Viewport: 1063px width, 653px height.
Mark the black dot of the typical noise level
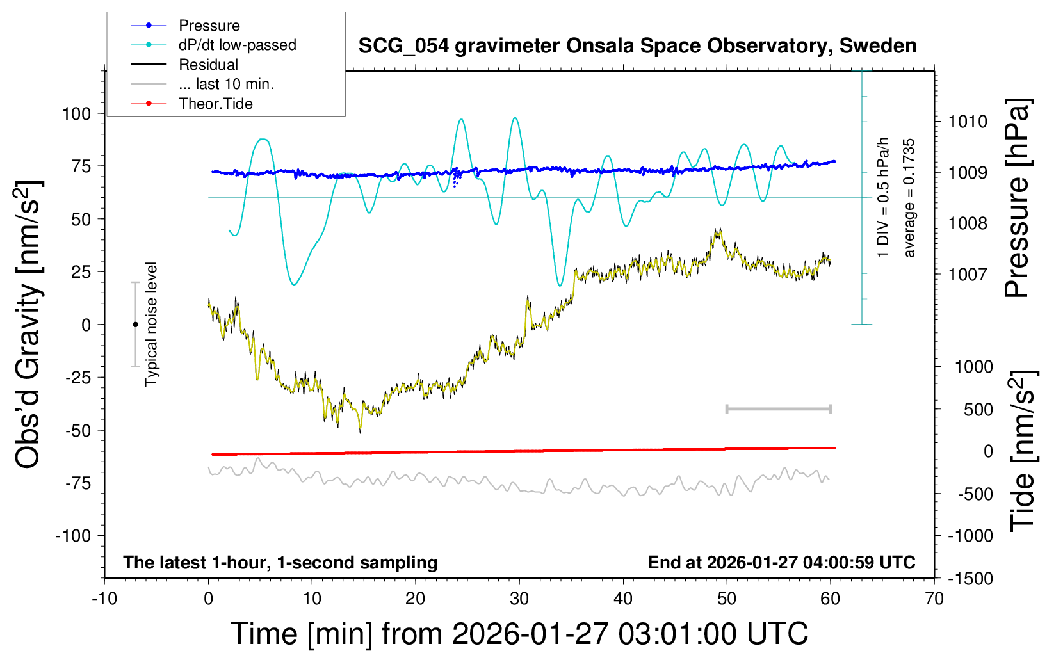(x=135, y=325)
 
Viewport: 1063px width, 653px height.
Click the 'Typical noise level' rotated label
(x=151, y=324)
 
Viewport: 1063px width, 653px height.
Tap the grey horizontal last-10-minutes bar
(x=778, y=408)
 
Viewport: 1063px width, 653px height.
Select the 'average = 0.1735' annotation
(x=909, y=198)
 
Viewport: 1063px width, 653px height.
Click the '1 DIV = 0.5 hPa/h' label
(x=884, y=197)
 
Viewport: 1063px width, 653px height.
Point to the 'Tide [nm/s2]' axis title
(x=1023, y=450)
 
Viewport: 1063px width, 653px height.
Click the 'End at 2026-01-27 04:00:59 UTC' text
(x=781, y=563)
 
